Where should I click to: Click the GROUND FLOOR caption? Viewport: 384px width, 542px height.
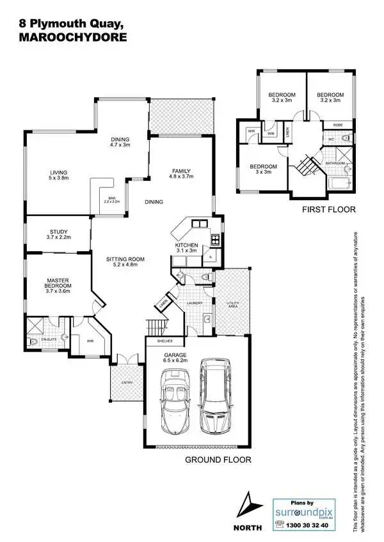pyautogui.click(x=218, y=460)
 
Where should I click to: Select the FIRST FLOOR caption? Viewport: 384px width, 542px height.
pyautogui.click(x=330, y=209)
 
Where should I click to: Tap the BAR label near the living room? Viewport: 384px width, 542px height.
pyautogui.click(x=111, y=199)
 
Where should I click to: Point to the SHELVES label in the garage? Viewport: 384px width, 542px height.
pyautogui.click(x=156, y=341)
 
